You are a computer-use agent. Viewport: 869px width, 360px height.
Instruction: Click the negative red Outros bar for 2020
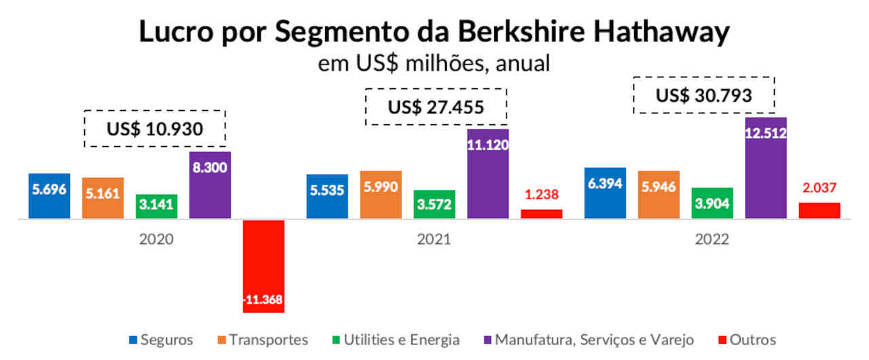pos(263,266)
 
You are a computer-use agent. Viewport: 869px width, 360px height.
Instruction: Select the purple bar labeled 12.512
pos(766,168)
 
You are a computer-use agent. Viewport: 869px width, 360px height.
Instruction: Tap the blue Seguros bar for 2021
pos(327,196)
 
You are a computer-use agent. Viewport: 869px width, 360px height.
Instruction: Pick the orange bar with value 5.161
pos(103,198)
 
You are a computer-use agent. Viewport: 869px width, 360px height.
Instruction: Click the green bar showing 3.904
pos(712,203)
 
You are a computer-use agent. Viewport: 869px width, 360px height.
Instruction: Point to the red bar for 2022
pos(819,211)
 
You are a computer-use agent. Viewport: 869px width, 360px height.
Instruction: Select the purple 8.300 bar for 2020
pos(210,185)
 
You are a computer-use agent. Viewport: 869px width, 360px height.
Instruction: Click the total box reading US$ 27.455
pos(436,107)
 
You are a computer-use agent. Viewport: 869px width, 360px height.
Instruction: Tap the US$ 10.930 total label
pos(155,128)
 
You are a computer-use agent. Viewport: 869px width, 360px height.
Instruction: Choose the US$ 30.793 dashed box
pos(703,95)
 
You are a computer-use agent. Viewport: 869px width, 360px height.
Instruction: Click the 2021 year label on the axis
pos(434,240)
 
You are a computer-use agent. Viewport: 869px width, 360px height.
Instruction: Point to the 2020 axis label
pos(156,240)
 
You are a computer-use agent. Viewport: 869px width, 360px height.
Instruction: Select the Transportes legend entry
pos(262,340)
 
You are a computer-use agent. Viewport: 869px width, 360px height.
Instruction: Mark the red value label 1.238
pos(542,196)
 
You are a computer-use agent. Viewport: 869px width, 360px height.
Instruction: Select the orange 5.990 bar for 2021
pos(381,194)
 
